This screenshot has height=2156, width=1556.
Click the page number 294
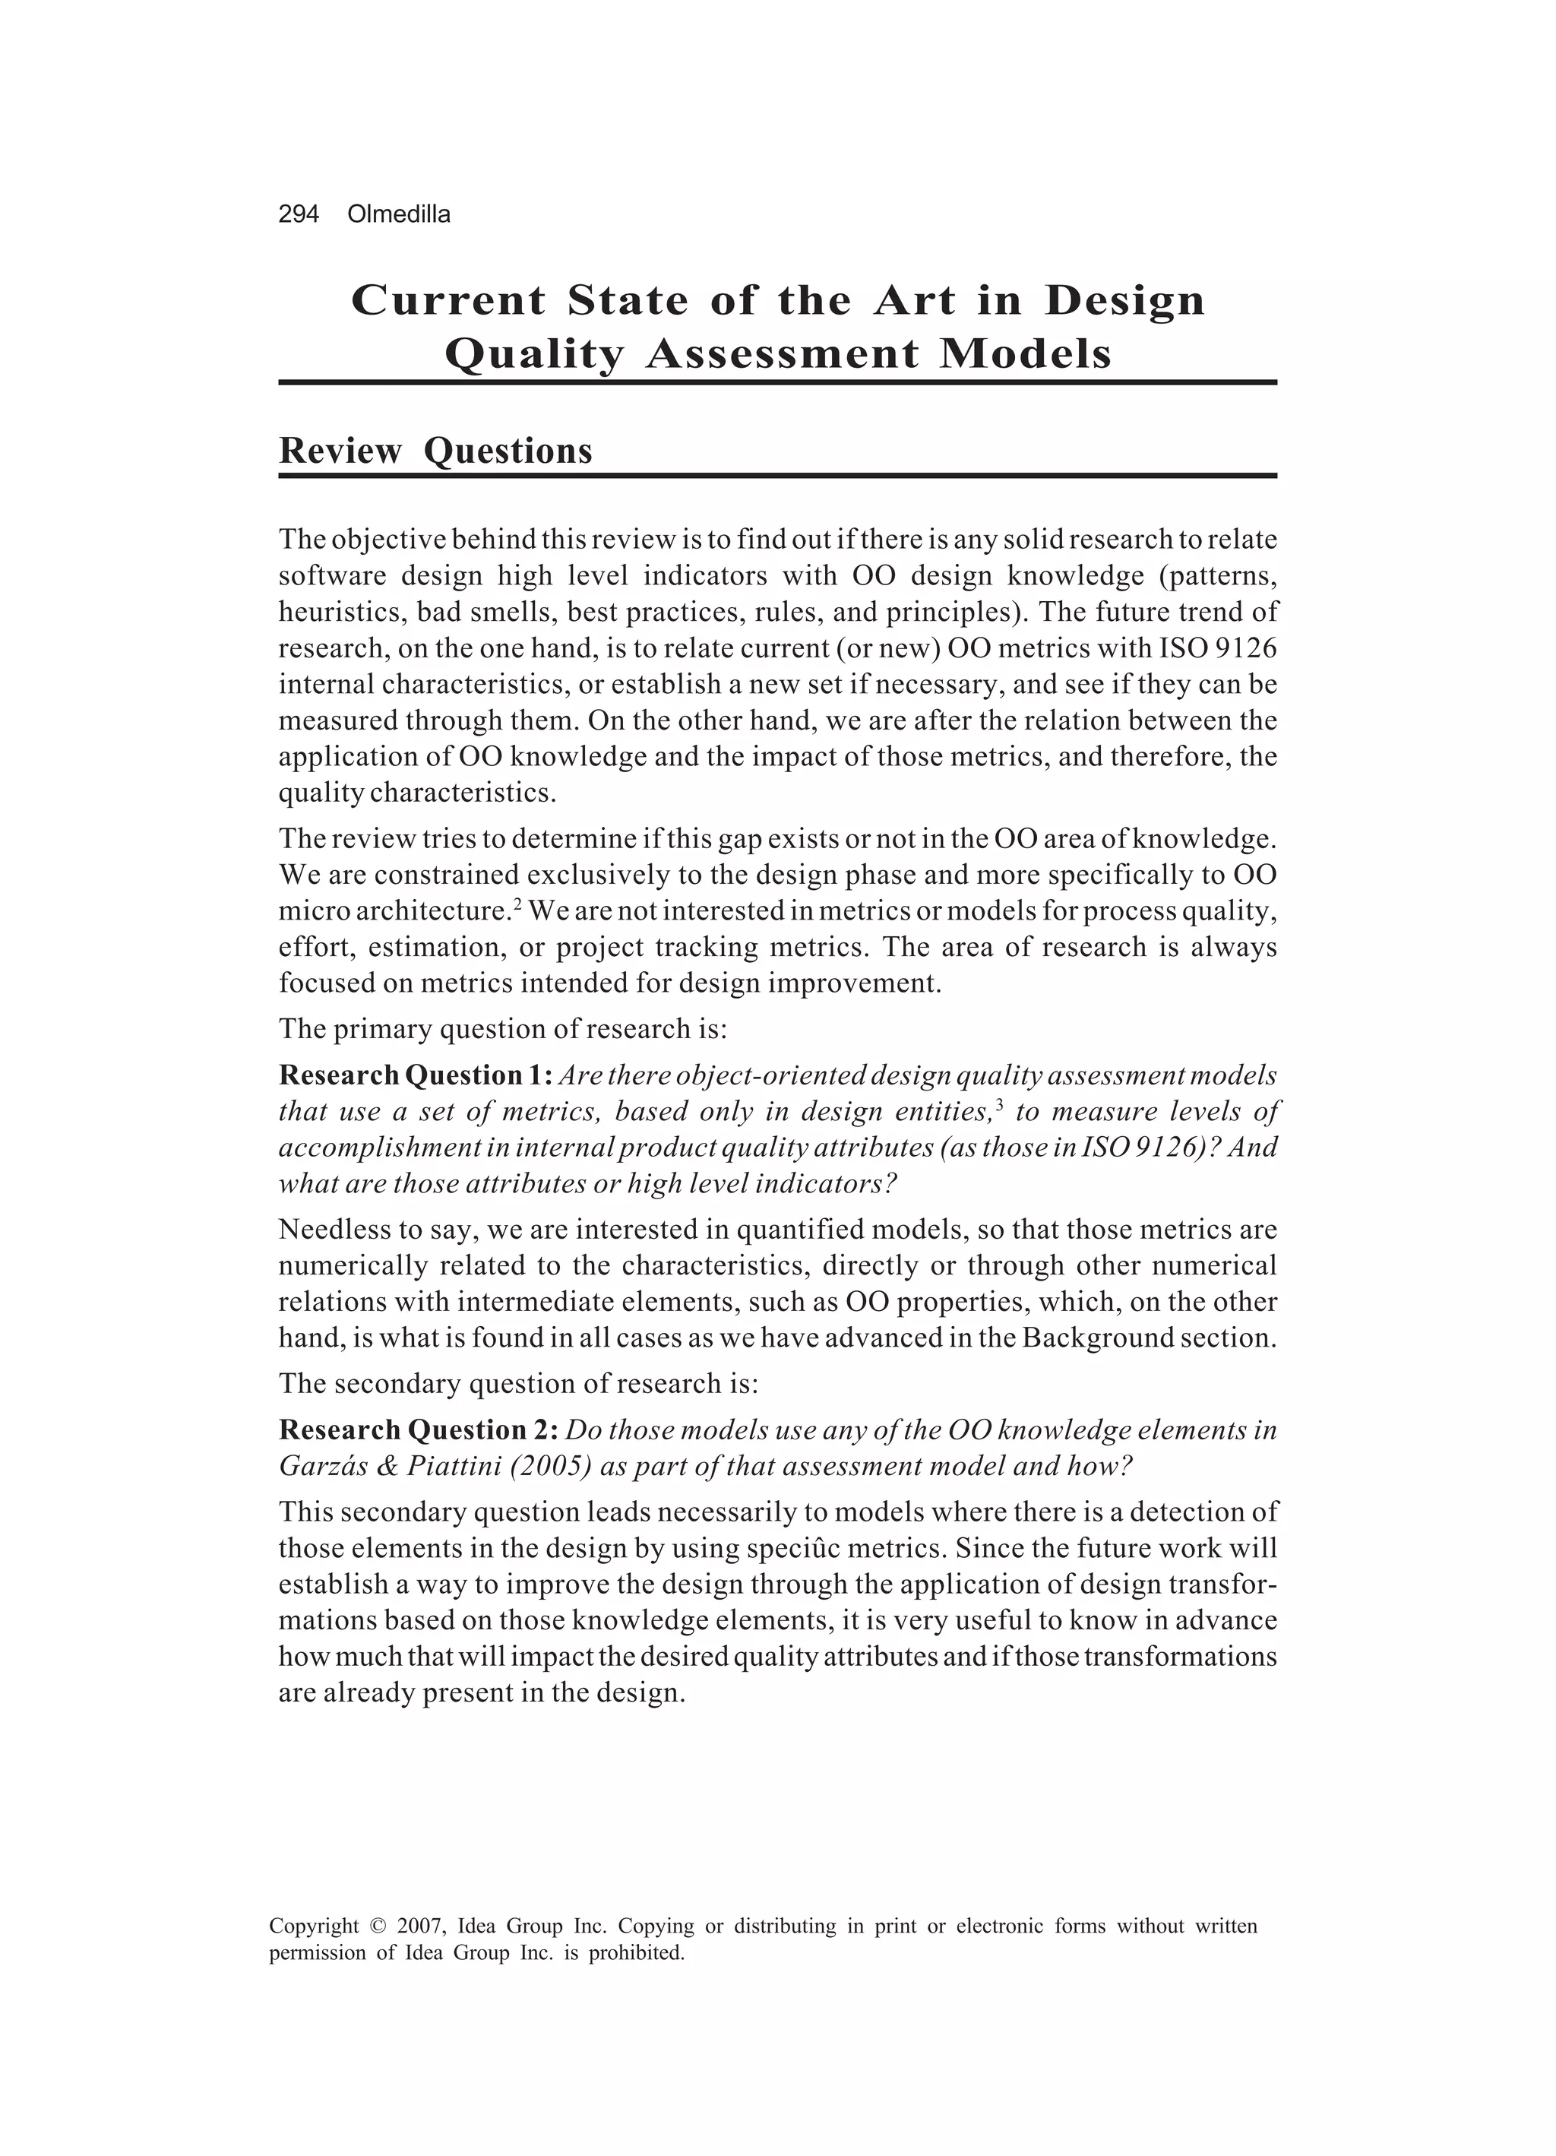(x=298, y=215)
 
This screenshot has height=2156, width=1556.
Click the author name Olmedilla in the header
(x=399, y=215)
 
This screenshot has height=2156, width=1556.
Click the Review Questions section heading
(x=435, y=451)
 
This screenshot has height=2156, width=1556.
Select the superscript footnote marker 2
(x=517, y=904)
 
